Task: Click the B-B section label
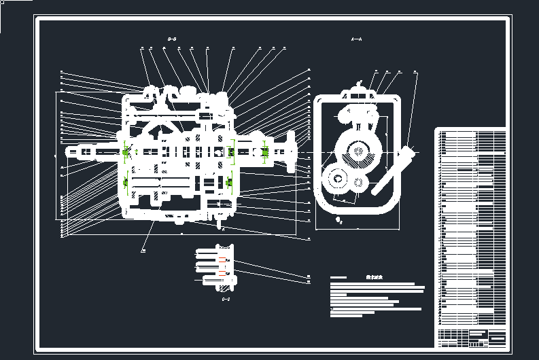click(x=172, y=39)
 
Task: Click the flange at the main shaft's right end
click(x=293, y=154)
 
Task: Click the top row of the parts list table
click(x=470, y=131)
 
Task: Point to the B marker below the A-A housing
click(x=340, y=221)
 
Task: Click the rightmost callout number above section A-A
click(x=415, y=71)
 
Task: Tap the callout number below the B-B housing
click(x=143, y=250)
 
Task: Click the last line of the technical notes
click(x=355, y=315)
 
